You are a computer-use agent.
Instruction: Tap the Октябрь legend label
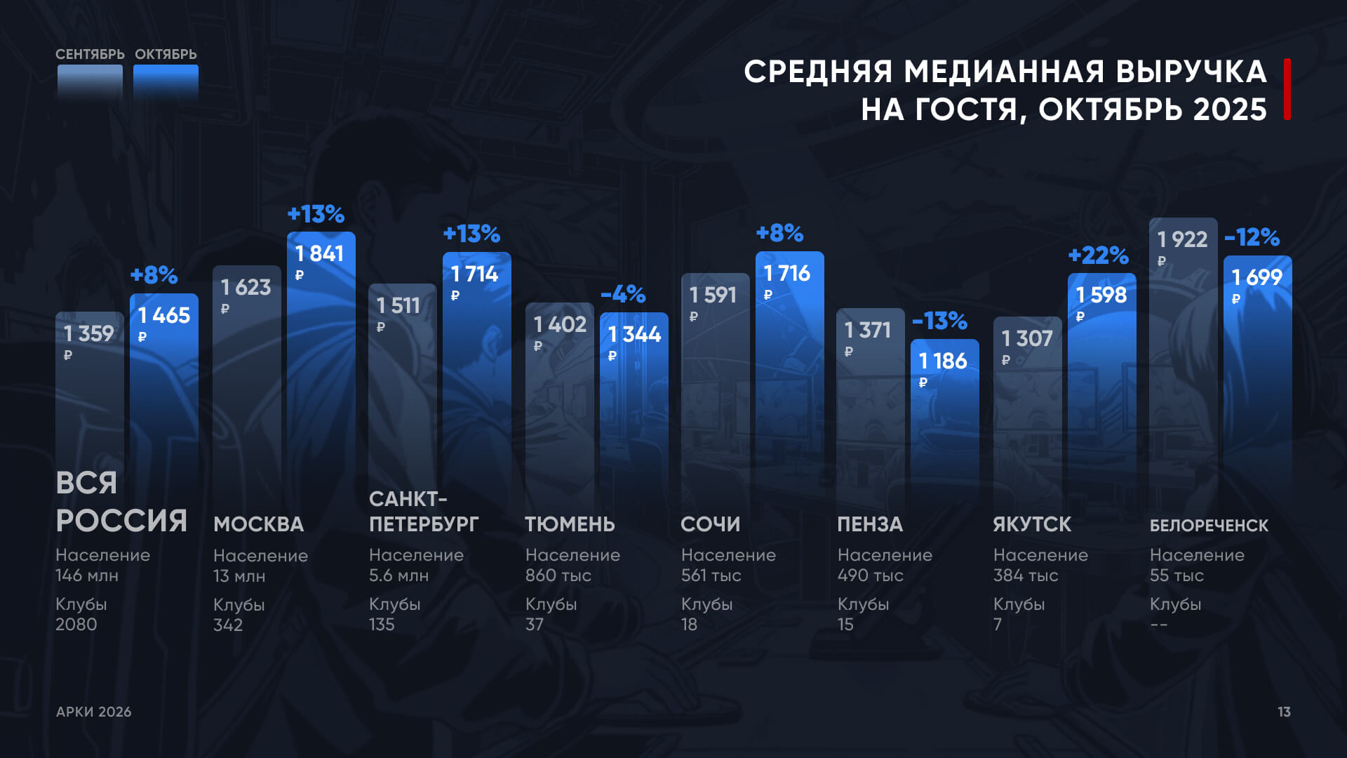[166, 54]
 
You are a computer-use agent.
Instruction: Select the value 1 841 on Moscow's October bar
[319, 253]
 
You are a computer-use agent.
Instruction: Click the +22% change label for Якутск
[1098, 255]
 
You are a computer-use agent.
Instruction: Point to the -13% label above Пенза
[939, 321]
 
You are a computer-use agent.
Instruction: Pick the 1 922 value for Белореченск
[1182, 239]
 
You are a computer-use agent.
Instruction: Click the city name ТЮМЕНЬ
[570, 524]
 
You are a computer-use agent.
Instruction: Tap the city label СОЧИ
[710, 524]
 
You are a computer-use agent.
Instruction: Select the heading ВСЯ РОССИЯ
[121, 502]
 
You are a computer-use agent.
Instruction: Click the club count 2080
[76, 624]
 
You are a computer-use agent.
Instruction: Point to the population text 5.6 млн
[398, 576]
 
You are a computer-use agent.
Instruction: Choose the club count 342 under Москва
[228, 625]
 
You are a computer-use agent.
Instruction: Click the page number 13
[1284, 712]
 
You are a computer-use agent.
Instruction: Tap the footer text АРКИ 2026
[94, 712]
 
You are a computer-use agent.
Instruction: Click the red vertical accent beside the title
[1287, 89]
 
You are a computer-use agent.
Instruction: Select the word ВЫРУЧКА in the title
[1191, 72]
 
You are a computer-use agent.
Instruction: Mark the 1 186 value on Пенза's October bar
[943, 361]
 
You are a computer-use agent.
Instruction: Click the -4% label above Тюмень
[623, 293]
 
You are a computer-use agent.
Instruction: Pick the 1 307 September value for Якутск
[1026, 338]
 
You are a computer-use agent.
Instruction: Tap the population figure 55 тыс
[1177, 576]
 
